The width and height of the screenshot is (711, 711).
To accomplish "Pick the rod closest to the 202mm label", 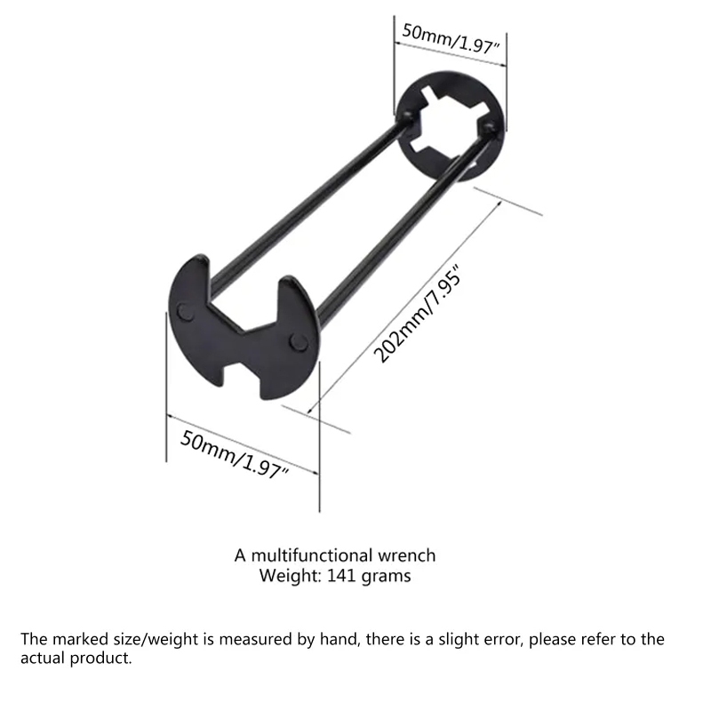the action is tap(391, 240).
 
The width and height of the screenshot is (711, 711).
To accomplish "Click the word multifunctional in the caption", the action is tap(312, 555).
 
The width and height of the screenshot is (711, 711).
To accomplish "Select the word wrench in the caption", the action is tap(408, 555).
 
